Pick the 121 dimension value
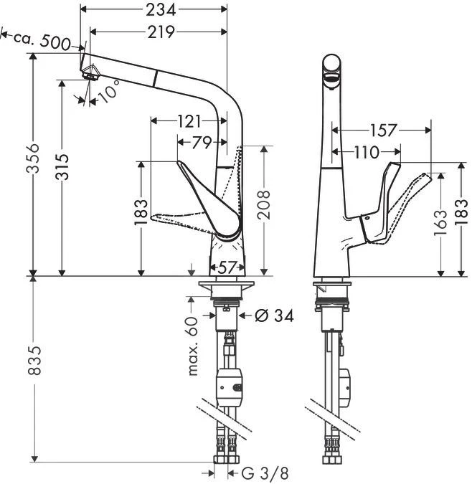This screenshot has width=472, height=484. [189, 122]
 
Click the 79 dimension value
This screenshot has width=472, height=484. [202, 142]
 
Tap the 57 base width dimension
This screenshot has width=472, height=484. [227, 268]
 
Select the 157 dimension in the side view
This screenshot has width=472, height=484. [384, 130]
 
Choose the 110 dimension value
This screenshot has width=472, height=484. [366, 152]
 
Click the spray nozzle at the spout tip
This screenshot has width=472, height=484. [90, 70]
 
